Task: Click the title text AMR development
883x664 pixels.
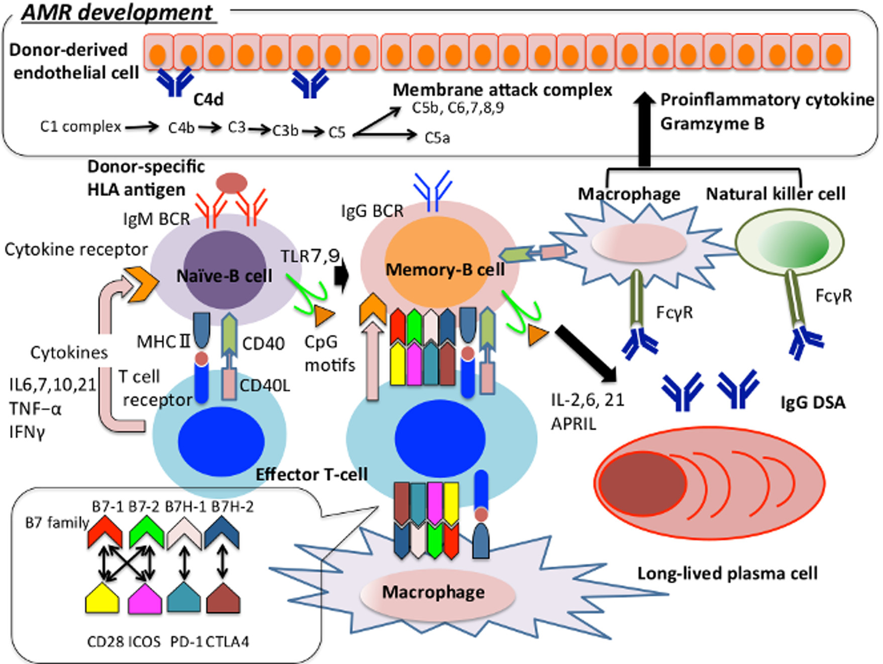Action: (117, 12)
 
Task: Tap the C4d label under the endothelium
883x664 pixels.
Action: (208, 100)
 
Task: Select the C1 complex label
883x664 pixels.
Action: (80, 127)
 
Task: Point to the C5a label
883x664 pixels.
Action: (437, 138)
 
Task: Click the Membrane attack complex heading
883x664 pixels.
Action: (502, 90)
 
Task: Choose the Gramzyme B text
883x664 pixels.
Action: (712, 124)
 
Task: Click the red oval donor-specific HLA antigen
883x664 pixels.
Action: (232, 182)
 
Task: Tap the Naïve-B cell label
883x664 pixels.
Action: (224, 276)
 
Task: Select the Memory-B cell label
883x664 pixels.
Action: (445, 270)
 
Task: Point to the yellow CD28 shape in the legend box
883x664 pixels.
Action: (102, 598)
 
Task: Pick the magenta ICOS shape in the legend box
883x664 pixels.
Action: (145, 598)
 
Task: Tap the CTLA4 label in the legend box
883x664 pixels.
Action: (227, 642)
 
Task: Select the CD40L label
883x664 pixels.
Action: (265, 386)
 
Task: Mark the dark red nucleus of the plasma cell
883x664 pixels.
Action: (642, 483)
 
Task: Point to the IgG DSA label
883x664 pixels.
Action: (813, 402)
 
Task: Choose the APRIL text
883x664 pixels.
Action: (573, 424)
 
